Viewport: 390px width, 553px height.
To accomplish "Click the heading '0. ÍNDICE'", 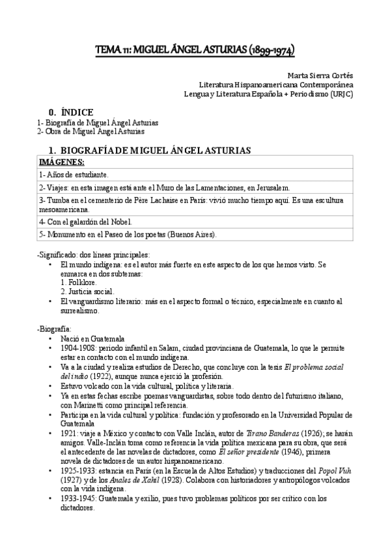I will point(66,112).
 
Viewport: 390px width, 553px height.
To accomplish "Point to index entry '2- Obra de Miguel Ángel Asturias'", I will point(91,131).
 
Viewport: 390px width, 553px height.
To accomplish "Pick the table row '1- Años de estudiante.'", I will point(74,175).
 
